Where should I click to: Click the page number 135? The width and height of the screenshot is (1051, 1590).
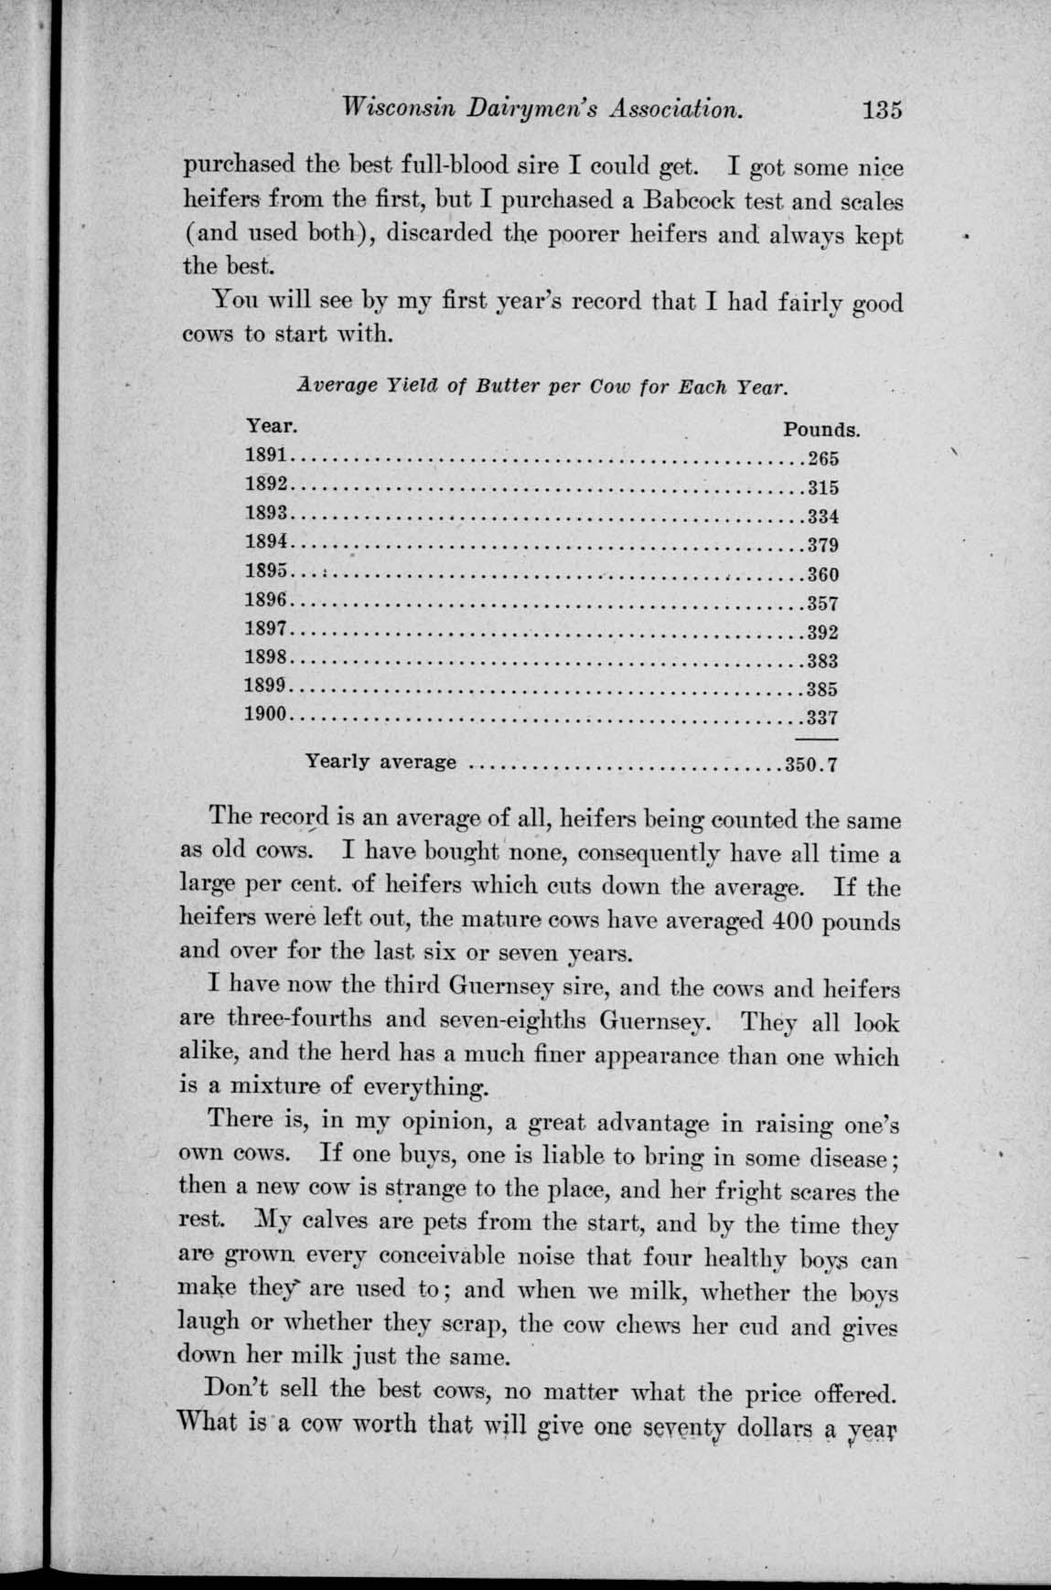click(881, 109)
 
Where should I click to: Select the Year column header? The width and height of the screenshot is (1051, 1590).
click(271, 426)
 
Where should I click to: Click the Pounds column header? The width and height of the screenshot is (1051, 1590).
click(821, 429)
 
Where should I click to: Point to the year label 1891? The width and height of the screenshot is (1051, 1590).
click(267, 454)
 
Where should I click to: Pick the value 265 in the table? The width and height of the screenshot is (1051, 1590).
click(823, 459)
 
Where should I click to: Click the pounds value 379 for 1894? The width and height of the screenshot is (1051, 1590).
click(823, 547)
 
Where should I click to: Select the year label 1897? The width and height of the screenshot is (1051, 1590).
click(267, 630)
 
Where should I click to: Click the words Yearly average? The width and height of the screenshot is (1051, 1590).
click(381, 762)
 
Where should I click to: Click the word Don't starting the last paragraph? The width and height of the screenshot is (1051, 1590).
click(241, 1391)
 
